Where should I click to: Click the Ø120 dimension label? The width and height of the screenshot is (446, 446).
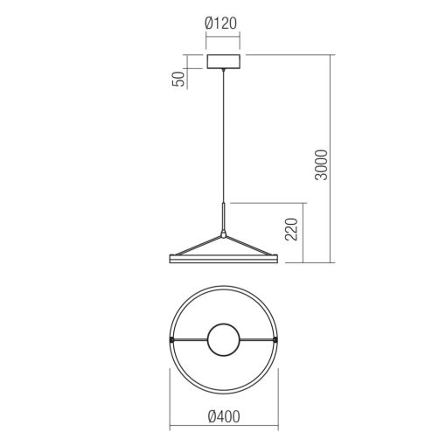pyautogui.click(x=224, y=24)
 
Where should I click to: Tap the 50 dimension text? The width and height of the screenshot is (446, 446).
pyautogui.click(x=179, y=79)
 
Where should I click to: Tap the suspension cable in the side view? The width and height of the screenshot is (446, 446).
pyautogui.click(x=224, y=140)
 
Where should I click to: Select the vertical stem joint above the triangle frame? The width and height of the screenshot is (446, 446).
pyautogui.click(x=224, y=219)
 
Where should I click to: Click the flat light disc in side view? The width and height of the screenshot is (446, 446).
pyautogui.click(x=224, y=259)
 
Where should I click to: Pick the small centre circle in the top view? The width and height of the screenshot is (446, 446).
pyautogui.click(x=224, y=340)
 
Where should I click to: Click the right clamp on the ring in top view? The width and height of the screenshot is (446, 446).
pyautogui.click(x=277, y=339)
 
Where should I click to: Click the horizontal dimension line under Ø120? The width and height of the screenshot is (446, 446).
pyautogui.click(x=224, y=38)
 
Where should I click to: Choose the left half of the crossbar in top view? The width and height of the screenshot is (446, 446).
pyautogui.click(x=187, y=339)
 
